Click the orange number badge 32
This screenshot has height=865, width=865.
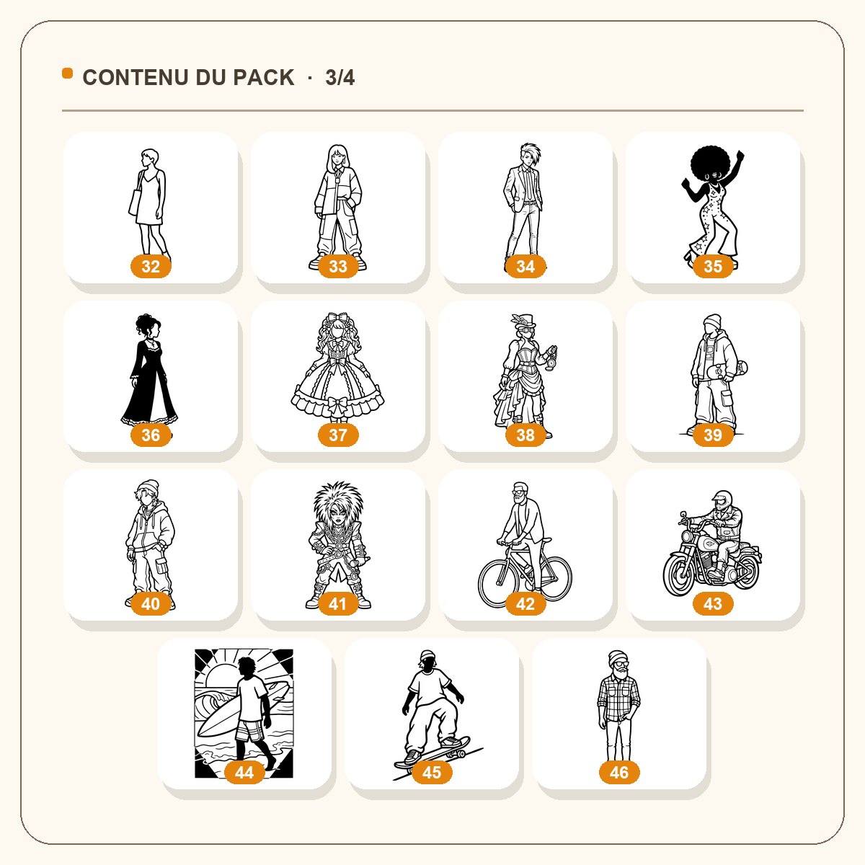click(x=151, y=266)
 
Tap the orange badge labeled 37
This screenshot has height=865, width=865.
click(x=338, y=435)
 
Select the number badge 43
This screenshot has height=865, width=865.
click(x=713, y=604)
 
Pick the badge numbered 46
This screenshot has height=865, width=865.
click(x=619, y=773)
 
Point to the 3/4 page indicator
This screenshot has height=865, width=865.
click(x=340, y=78)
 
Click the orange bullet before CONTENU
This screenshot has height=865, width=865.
click(x=67, y=74)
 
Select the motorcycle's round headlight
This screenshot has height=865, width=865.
click(x=687, y=537)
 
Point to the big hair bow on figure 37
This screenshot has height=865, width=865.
click(x=337, y=319)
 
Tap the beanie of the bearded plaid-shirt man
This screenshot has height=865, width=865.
click(x=618, y=658)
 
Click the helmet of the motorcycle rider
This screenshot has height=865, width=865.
click(x=722, y=499)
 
